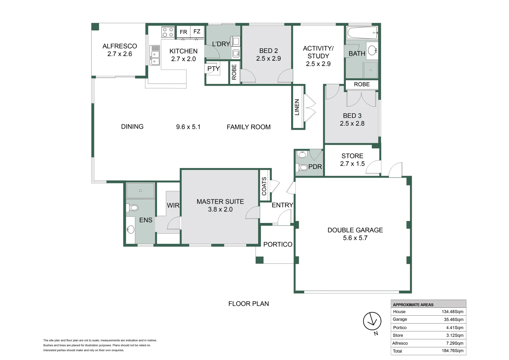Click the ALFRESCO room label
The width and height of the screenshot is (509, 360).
pos(120,46)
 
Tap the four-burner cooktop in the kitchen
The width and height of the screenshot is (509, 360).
pos(168,32)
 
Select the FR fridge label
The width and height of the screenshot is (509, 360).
pos(183,32)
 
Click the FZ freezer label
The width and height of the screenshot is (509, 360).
pos(197,31)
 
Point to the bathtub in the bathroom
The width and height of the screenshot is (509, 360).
pos(362,33)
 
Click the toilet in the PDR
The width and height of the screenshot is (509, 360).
pos(301,168)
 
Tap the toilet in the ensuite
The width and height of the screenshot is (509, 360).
pos(132,207)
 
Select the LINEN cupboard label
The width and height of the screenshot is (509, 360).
pos(297,107)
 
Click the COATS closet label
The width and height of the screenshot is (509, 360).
pos(264,186)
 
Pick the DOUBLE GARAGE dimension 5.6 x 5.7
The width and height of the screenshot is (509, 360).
pos(355,238)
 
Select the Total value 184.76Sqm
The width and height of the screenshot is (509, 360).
pos(452,351)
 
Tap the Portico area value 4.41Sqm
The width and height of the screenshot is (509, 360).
pos(455,327)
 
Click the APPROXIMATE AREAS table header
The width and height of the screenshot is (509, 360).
pos(413,305)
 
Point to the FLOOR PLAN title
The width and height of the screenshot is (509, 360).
pos(249,304)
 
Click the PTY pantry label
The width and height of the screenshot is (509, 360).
pos(214,68)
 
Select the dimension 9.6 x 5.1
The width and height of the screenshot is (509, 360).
pos(188,127)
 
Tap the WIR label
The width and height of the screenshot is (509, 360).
pos(173,205)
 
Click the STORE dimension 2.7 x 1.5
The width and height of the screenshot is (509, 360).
pos(352,164)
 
